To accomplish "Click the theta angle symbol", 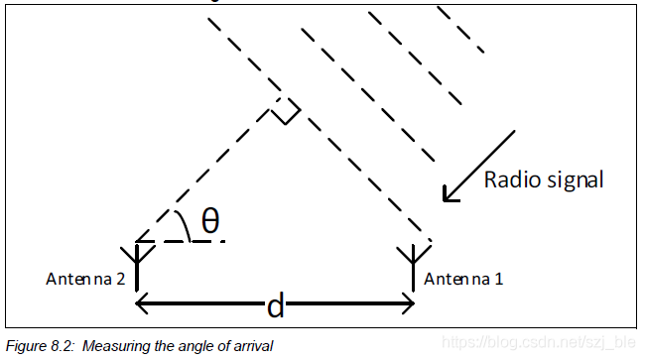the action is pyautogui.click(x=210, y=221).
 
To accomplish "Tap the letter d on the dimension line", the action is pyautogui.click(x=275, y=305).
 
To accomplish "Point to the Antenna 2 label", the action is pyautogui.click(x=85, y=279).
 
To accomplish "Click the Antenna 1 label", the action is pyautogui.click(x=463, y=279).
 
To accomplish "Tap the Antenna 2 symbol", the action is pyautogui.click(x=137, y=267).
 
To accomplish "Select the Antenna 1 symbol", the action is pyautogui.click(x=414, y=267).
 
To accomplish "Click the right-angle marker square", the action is pyautogui.click(x=286, y=110).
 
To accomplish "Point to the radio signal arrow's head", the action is pyautogui.click(x=449, y=195).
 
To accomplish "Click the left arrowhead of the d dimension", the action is pyautogui.click(x=141, y=303).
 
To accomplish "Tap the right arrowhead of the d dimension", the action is pyautogui.click(x=409, y=303).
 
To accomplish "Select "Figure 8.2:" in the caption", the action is pyautogui.click(x=41, y=346).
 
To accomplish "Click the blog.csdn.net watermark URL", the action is pyautogui.click(x=539, y=342).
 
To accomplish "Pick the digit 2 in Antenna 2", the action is pyautogui.click(x=120, y=279).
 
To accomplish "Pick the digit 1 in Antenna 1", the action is pyautogui.click(x=498, y=279).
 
